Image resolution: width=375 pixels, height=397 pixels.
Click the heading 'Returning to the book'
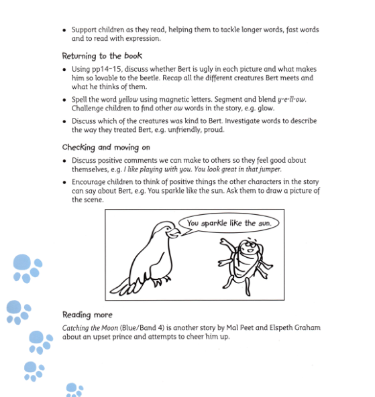pyautogui.click(x=102, y=56)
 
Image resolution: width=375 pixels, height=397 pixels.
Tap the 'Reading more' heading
pyautogui.click(x=87, y=315)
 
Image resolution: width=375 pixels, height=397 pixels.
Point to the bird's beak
pyautogui.click(x=174, y=233)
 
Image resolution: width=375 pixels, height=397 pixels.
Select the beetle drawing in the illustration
pyautogui.click(x=245, y=264)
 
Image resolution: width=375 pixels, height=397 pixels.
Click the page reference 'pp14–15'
pyautogui.click(x=104, y=70)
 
